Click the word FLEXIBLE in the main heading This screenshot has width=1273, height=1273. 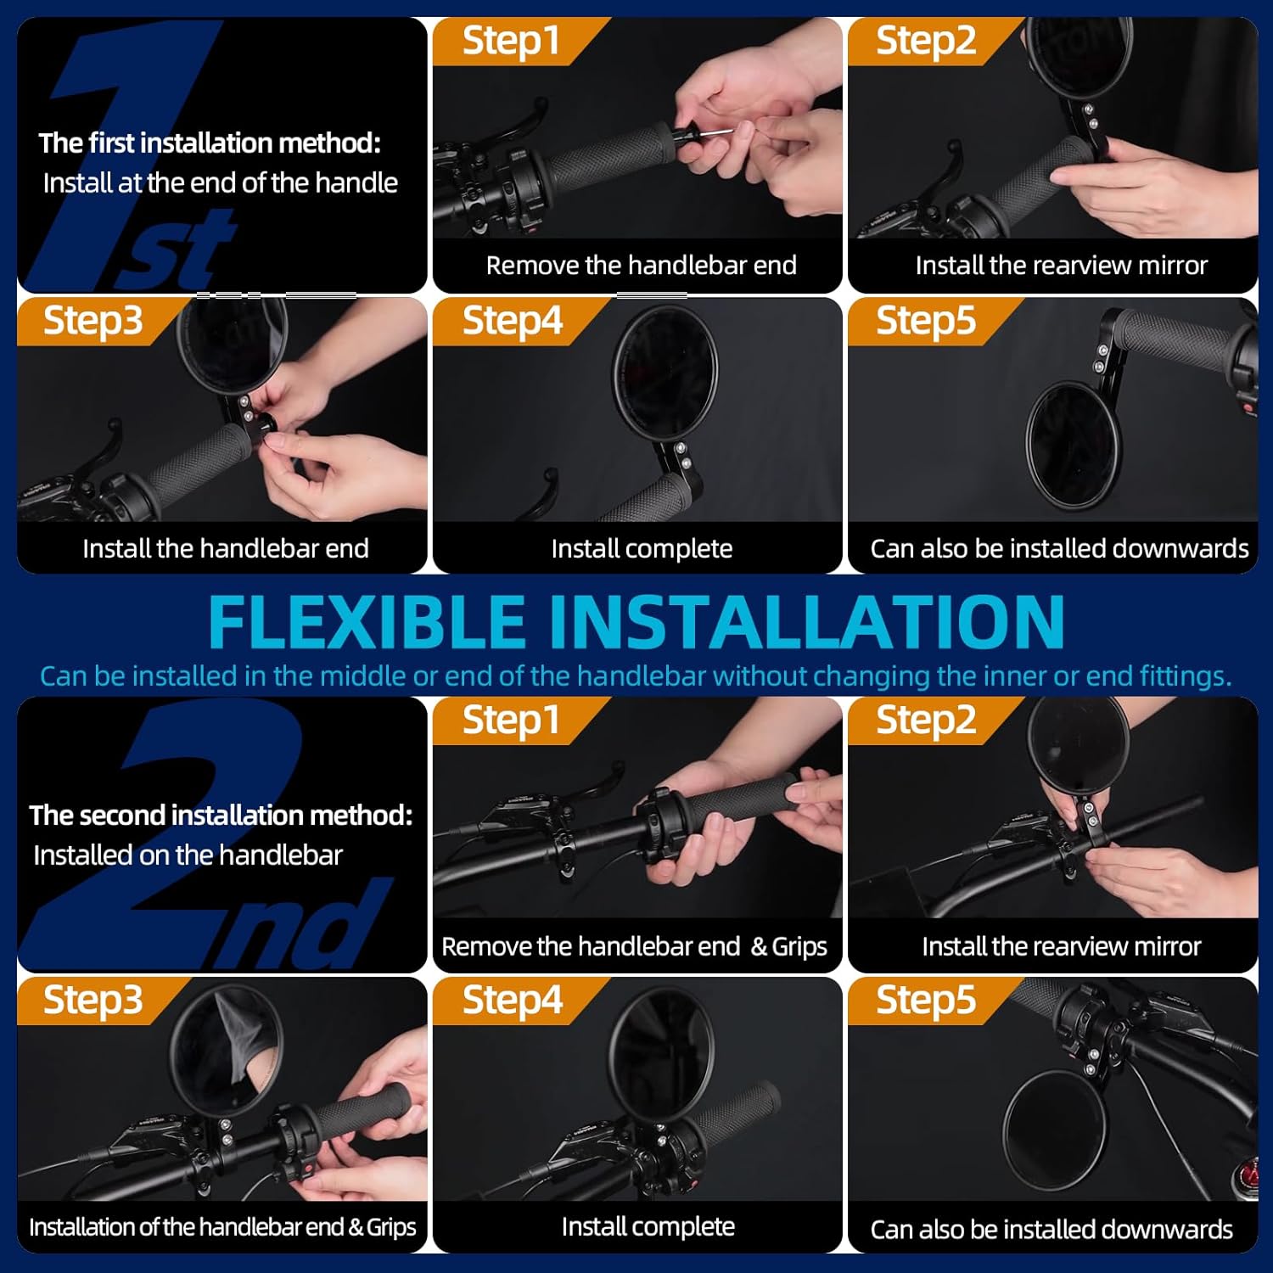[367, 622]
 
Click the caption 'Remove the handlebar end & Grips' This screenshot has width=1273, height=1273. [634, 946]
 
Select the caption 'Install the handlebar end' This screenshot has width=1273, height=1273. [225, 549]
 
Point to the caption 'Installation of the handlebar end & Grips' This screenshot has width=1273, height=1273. [222, 1227]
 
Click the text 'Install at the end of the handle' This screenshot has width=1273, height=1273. [220, 183]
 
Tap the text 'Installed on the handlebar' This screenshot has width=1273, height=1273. [188, 855]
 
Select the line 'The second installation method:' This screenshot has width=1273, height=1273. [221, 816]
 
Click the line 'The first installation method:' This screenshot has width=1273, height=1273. [210, 143]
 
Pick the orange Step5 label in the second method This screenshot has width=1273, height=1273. [925, 1000]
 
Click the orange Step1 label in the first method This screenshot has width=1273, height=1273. [510, 41]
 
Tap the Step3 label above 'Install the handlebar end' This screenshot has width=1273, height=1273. [93, 321]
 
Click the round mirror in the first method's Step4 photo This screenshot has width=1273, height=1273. [665, 371]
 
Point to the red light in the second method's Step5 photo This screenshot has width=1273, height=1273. [1248, 1175]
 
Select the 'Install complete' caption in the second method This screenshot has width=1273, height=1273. [648, 1227]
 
